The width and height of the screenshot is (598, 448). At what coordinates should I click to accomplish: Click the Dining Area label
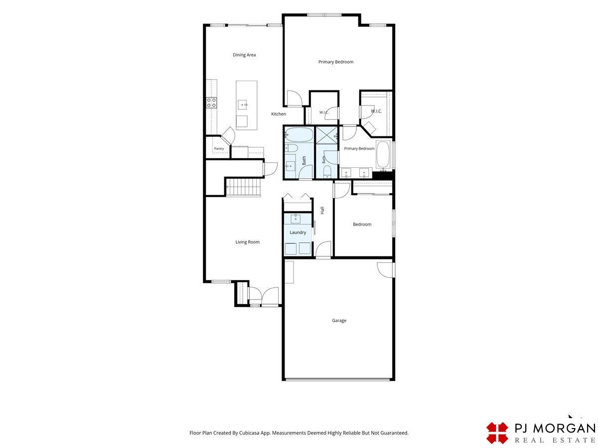coord(244,55)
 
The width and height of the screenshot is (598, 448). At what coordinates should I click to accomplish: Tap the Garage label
coord(339,321)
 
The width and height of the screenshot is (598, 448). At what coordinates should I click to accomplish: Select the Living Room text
coord(247,242)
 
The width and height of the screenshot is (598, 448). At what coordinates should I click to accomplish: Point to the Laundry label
coord(298,232)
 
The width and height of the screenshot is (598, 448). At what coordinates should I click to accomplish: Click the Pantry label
coord(219,148)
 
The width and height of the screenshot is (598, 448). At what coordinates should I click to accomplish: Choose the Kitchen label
coord(279,114)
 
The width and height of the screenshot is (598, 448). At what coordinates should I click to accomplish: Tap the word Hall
coord(322,210)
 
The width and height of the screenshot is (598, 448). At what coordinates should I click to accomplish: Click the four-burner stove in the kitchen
coord(211,103)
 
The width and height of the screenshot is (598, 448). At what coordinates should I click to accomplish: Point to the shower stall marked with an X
coord(326,133)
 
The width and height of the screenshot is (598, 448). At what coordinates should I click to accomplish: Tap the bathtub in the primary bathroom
coord(383,154)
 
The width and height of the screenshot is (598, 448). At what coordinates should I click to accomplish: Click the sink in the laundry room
coord(296,219)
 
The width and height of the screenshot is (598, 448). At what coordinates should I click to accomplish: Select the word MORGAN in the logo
coord(564,429)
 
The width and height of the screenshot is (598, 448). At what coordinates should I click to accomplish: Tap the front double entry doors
coord(264,296)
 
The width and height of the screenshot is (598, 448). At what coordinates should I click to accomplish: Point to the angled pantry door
coord(228,136)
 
